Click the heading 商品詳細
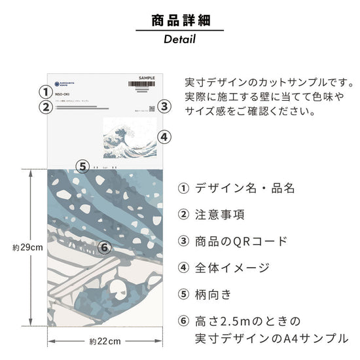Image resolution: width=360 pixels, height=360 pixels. [x=179, y=20]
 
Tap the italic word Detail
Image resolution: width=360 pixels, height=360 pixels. [x=179, y=39]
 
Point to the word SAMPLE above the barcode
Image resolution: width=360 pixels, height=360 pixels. [x=147, y=77]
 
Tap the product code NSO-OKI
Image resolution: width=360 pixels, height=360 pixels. [x=63, y=95]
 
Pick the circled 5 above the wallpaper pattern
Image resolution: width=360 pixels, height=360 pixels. [x=82, y=166]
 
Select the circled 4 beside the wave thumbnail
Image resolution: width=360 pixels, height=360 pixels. [x=165, y=137]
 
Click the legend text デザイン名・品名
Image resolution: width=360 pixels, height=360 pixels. [x=245, y=189]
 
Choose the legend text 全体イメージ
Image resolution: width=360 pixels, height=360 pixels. [x=232, y=267]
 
